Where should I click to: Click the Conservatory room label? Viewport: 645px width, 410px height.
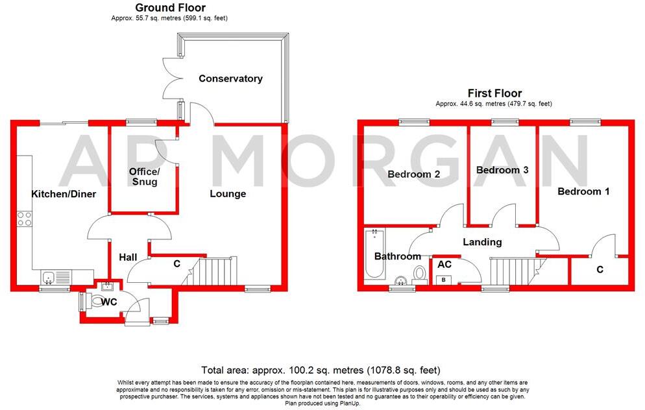pyautogui.click(x=230, y=78)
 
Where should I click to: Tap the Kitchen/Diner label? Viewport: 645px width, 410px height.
pyautogui.click(x=64, y=194)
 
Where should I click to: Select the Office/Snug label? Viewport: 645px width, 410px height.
pyautogui.click(x=144, y=176)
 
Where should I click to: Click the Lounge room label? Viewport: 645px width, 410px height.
pyautogui.click(x=228, y=193)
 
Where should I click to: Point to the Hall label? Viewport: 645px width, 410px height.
pyautogui.click(x=128, y=258)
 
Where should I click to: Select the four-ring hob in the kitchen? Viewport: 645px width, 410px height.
pyautogui.click(x=25, y=219)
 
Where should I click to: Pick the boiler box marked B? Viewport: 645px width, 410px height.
pyautogui.click(x=444, y=280)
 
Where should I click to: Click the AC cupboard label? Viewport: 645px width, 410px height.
pyautogui.click(x=444, y=265)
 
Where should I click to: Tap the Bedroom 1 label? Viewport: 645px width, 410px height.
pyautogui.click(x=583, y=191)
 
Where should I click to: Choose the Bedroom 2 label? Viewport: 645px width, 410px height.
pyautogui.click(x=414, y=175)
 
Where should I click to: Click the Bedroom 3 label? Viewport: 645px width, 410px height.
pyautogui.click(x=502, y=170)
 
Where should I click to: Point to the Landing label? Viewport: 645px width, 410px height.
pyautogui.click(x=482, y=242)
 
